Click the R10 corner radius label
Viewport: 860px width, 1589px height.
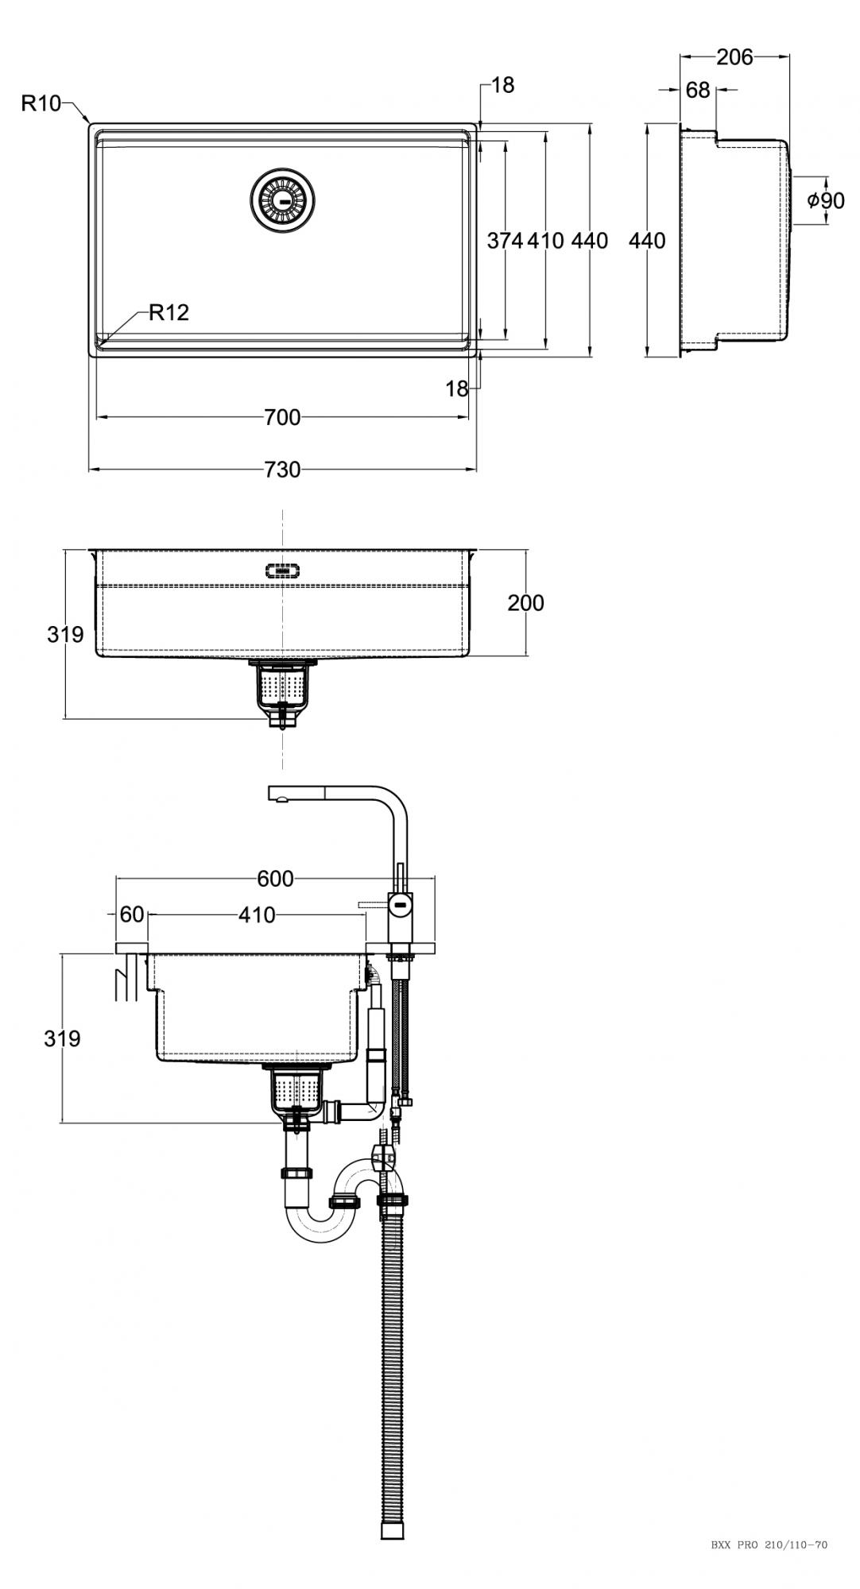coord(41,103)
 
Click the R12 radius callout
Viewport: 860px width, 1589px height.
coord(169,312)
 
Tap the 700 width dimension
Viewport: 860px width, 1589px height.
coord(282,416)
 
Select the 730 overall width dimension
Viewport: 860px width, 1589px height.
coord(282,470)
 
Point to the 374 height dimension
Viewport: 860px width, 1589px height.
coord(505,241)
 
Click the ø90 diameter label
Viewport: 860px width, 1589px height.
coord(826,200)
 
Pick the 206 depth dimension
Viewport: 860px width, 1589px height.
coord(734,57)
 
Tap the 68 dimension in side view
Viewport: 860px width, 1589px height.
coord(698,91)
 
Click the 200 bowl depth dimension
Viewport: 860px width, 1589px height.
coord(526,603)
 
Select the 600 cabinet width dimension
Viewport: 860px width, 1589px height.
coord(276,879)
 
